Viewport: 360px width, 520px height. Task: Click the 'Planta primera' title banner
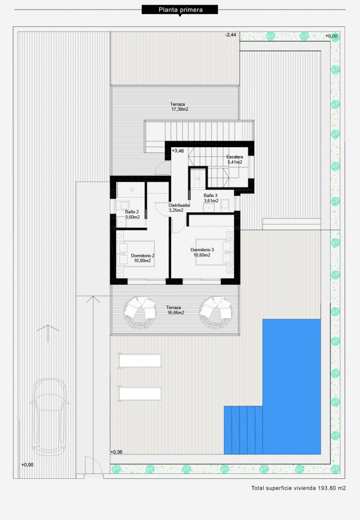(x=180, y=10)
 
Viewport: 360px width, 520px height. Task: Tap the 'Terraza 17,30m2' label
(x=179, y=107)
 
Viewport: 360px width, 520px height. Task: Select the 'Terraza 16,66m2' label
(x=175, y=310)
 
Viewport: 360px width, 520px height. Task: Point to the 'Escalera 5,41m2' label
(x=235, y=159)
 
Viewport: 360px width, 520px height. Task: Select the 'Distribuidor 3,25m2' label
(x=179, y=208)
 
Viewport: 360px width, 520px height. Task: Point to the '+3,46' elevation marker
(x=178, y=151)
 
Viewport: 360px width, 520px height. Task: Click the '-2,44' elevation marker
(x=231, y=35)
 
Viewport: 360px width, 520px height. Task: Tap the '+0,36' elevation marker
(x=116, y=452)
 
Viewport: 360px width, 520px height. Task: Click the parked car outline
(x=49, y=417)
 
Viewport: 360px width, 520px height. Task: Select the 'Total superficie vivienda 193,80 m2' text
(x=299, y=488)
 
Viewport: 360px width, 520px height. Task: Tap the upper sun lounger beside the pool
(x=140, y=361)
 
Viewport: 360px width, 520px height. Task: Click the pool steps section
(x=243, y=430)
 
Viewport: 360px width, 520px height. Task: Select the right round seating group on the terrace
(x=215, y=312)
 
